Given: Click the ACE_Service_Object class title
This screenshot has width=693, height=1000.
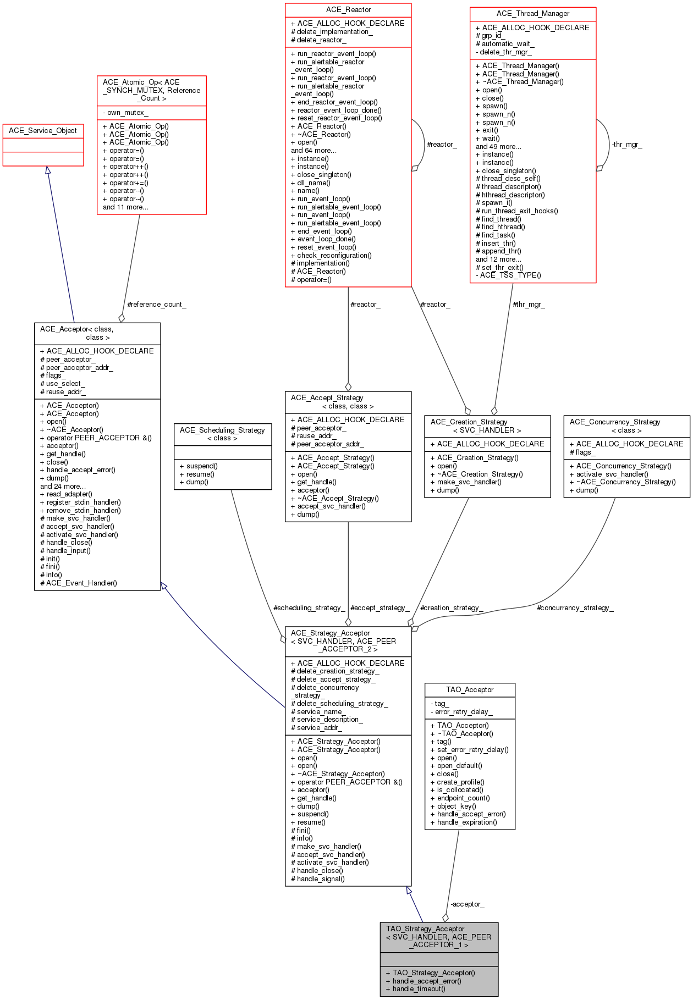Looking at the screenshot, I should pyautogui.click(x=43, y=131).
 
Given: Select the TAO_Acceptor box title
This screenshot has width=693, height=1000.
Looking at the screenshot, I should pyautogui.click(x=470, y=690).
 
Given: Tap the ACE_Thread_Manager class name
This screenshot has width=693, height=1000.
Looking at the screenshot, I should pyautogui.click(x=533, y=14).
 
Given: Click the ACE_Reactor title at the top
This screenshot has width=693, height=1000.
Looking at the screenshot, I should pyautogui.click(x=348, y=10).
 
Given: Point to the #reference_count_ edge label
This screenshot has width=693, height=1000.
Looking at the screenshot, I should pyautogui.click(x=157, y=305).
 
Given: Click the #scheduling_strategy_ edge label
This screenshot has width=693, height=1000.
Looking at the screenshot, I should pyautogui.click(x=309, y=608).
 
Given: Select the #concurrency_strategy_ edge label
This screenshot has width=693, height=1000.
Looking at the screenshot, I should pyautogui.click(x=575, y=608).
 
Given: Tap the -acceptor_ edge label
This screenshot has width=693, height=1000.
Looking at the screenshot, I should pyautogui.click(x=468, y=904).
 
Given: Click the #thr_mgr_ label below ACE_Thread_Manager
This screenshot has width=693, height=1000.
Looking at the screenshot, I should pyautogui.click(x=529, y=305).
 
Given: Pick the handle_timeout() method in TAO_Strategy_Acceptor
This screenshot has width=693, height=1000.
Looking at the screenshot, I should pyautogui.click(x=416, y=989).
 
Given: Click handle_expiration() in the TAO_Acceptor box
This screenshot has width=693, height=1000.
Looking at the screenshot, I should pyautogui.click(x=467, y=822).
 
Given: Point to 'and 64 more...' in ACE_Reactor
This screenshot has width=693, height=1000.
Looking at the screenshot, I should pyautogui.click(x=313, y=151).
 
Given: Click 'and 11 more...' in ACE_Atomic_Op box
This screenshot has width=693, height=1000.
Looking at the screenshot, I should pyautogui.click(x=125, y=207).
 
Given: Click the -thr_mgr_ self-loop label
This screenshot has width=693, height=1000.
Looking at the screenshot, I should pyautogui.click(x=626, y=145).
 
